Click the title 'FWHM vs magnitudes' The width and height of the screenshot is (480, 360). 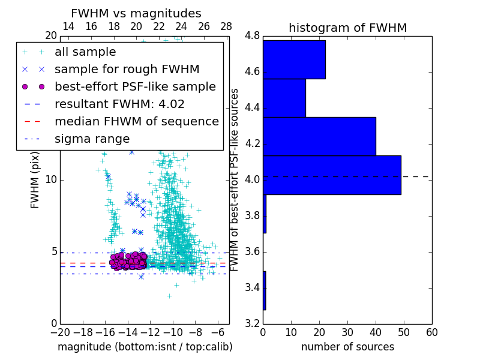136,13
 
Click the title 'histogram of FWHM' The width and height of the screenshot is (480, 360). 347,28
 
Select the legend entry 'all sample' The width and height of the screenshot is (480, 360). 85,52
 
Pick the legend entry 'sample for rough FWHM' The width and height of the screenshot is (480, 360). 127,69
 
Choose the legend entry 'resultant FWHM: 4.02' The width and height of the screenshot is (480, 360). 119,104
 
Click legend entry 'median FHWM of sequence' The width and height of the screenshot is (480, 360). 136,121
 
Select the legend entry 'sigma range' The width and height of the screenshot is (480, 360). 92,139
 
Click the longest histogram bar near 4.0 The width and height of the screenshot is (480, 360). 332,175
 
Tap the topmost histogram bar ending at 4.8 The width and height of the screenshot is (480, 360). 294,59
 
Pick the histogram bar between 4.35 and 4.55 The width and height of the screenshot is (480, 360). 284,98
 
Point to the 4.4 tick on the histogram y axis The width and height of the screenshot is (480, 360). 252,107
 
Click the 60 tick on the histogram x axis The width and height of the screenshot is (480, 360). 431,332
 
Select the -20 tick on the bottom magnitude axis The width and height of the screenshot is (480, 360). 60,332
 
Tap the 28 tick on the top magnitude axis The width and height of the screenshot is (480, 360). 226,26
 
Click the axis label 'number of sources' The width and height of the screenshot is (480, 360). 347,347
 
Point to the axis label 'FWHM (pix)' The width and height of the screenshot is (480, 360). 35,179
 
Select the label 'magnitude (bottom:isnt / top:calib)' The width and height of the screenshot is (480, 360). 145,347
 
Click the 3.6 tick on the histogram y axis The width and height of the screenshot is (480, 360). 252,251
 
